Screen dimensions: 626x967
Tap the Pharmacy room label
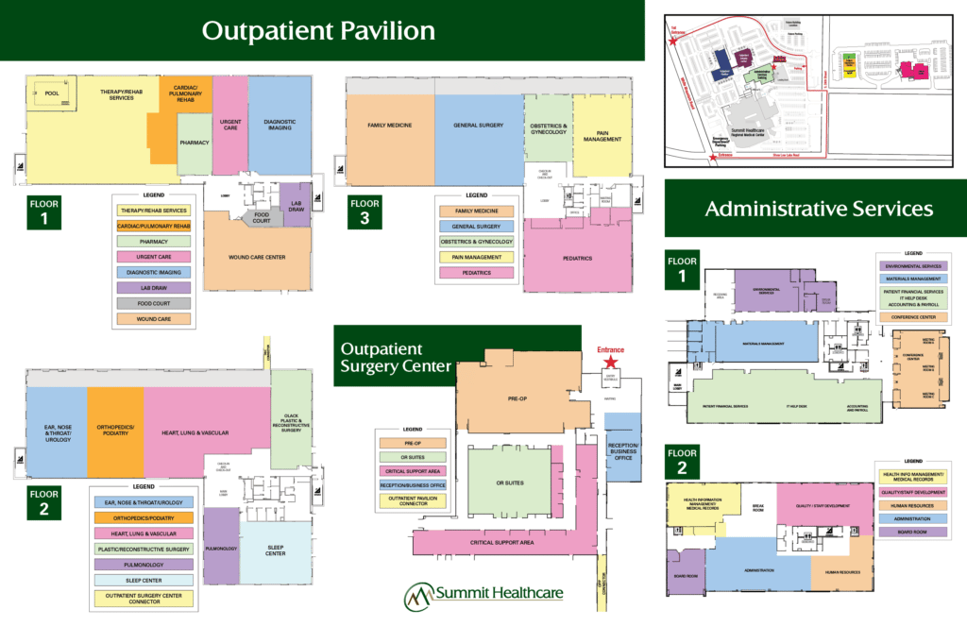tap(195, 143)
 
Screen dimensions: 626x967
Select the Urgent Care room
tap(230, 125)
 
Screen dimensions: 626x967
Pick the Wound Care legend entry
tap(153, 319)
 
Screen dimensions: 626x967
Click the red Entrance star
tap(611, 362)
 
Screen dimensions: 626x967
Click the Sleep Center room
tap(275, 550)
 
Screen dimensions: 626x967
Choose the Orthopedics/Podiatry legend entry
tap(142, 518)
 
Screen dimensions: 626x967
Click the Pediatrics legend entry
tap(477, 273)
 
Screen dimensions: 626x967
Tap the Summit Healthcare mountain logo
tap(418, 597)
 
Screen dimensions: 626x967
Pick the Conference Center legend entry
tap(917, 316)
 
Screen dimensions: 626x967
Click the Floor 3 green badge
tap(366, 210)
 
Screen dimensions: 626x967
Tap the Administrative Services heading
tap(819, 209)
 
